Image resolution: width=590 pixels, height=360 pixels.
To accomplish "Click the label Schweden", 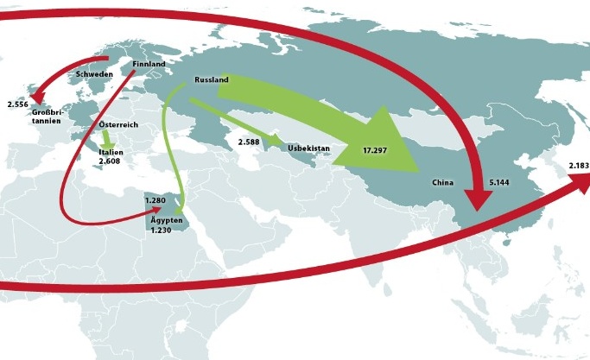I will (x=95, y=74).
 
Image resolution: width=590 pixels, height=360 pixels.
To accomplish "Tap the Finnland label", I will (x=149, y=64).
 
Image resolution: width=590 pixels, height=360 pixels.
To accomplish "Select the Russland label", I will (x=212, y=80).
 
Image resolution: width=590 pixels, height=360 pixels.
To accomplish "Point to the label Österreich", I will (x=118, y=125).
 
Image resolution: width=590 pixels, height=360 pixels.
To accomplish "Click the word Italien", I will (x=110, y=151).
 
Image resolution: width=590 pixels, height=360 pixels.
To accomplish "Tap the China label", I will (x=443, y=183).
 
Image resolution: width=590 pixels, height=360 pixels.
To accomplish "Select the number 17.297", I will (x=374, y=150).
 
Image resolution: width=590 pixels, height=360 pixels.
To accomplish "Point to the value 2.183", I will (x=579, y=165).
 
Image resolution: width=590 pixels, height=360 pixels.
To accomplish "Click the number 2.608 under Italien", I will (x=110, y=161).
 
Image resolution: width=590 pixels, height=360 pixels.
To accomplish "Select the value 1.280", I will (x=155, y=200).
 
